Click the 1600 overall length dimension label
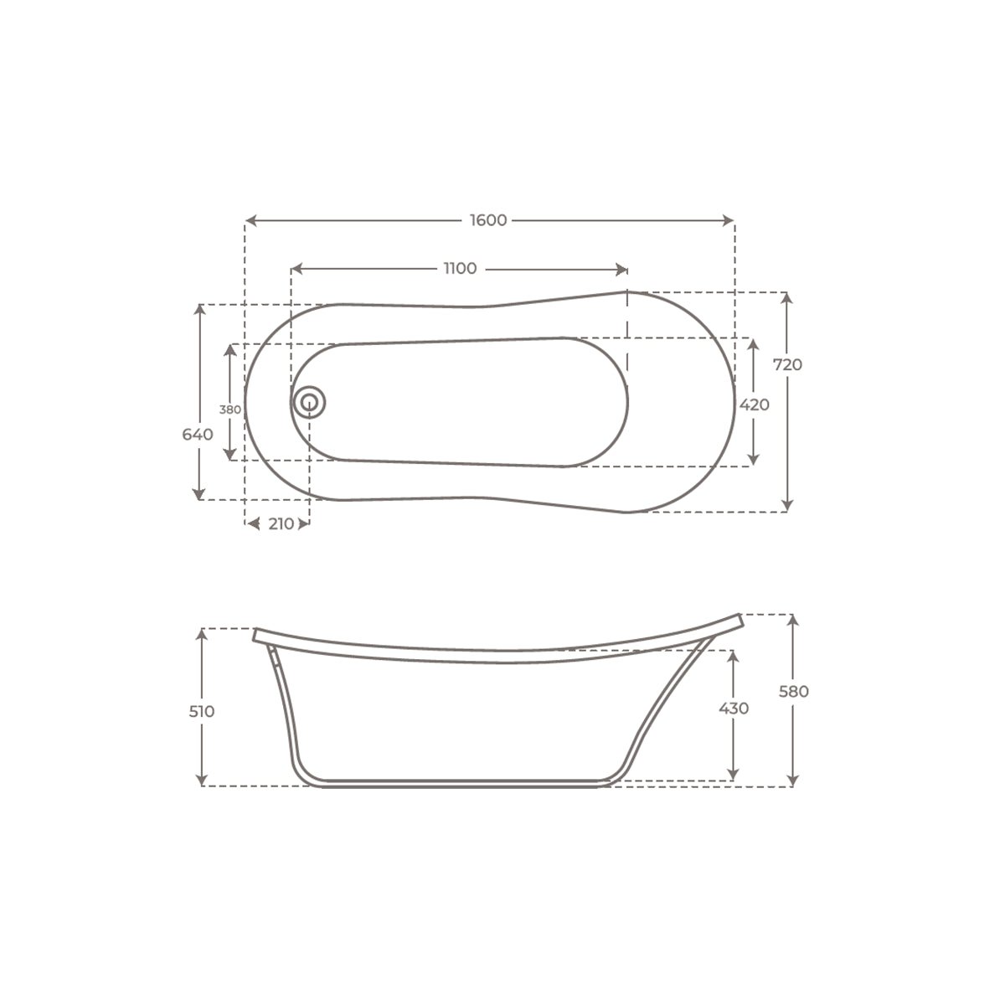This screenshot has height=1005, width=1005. (x=488, y=220)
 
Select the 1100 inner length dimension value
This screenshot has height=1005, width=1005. (x=460, y=269)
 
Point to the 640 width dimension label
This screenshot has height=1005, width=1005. (x=198, y=434)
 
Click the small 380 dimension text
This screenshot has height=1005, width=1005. (x=230, y=410)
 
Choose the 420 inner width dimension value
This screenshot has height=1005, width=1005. (x=754, y=404)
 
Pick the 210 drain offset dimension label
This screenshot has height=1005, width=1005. (x=281, y=524)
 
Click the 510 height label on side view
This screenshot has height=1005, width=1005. (x=202, y=711)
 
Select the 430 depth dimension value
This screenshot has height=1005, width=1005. (x=734, y=709)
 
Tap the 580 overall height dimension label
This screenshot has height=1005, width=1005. (x=793, y=692)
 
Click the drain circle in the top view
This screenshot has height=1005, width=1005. (x=309, y=402)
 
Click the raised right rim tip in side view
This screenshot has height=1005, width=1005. (x=740, y=618)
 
